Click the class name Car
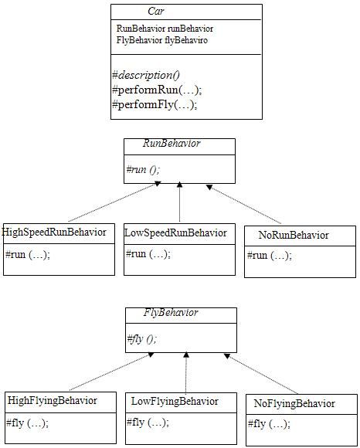click(x=156, y=11)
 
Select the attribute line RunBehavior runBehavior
click(x=165, y=29)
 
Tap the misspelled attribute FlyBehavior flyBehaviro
click(x=162, y=40)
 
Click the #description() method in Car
click(x=146, y=75)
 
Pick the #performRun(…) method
click(x=157, y=90)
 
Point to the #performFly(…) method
click(x=155, y=104)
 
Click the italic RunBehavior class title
click(x=172, y=143)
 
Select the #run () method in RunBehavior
click(x=143, y=169)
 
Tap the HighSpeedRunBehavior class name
click(x=54, y=232)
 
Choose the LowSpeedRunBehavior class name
click(x=175, y=232)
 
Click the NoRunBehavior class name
click(x=294, y=235)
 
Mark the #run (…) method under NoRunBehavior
click(x=270, y=255)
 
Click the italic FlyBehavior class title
click(x=171, y=312)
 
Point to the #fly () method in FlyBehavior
click(x=141, y=339)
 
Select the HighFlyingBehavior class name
click(x=53, y=401)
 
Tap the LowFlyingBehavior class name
click(x=175, y=402)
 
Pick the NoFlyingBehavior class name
click(x=294, y=403)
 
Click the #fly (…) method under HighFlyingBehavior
click(x=28, y=423)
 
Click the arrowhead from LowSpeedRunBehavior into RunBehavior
click(x=179, y=185)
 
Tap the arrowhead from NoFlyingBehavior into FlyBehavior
click(x=227, y=356)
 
